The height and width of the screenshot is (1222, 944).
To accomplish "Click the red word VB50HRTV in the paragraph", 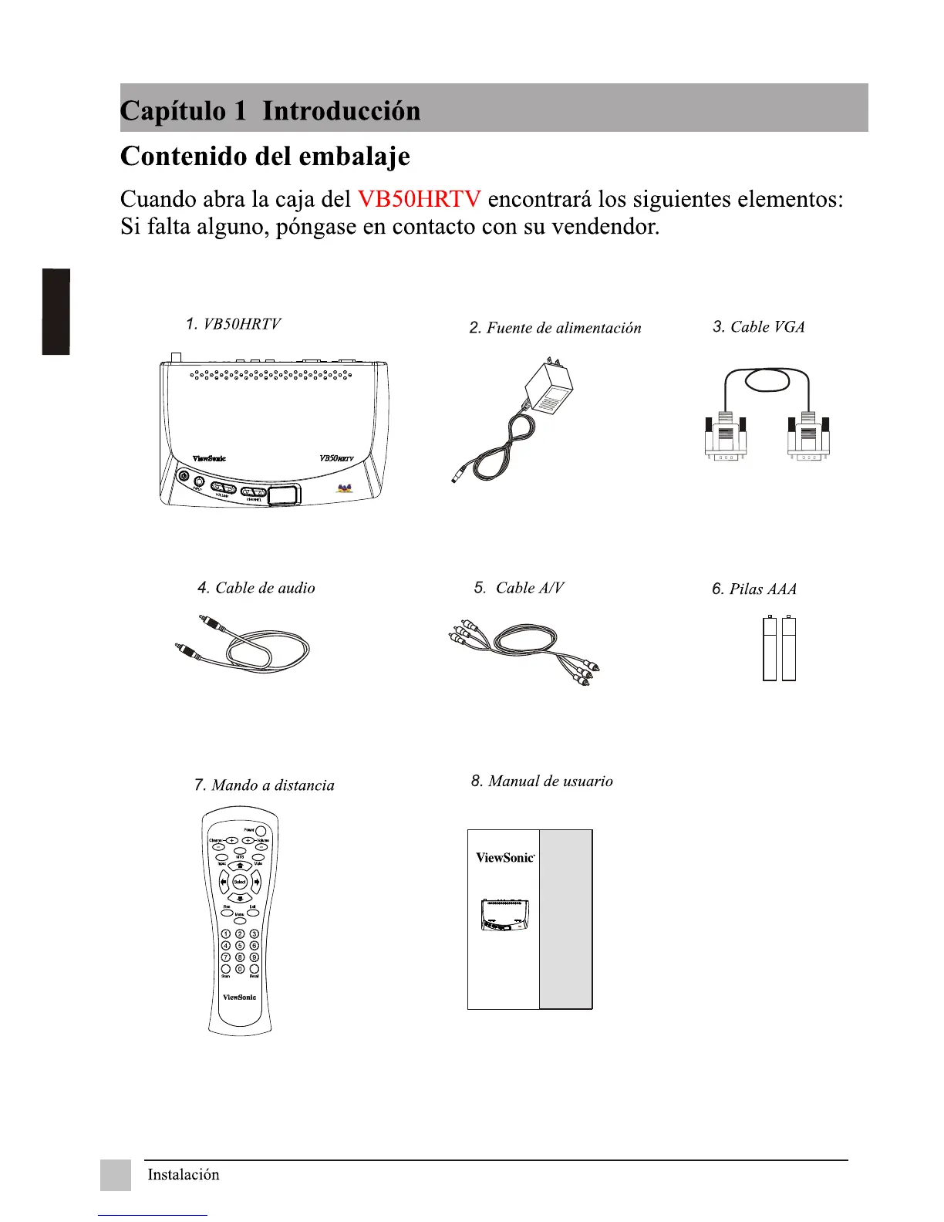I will coord(419,199).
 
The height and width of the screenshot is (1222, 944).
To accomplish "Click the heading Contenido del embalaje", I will coord(265,157).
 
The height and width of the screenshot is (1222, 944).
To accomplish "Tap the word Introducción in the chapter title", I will coord(342,110).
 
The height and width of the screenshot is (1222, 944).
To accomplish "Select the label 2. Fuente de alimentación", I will coord(555,328).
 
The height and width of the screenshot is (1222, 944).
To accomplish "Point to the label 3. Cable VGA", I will coord(759,327).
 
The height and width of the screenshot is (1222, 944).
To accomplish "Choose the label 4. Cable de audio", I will coord(256,588).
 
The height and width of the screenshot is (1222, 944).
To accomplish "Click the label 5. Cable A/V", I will coord(519,588).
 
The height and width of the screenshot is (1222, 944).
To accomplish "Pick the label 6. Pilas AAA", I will coord(754,589).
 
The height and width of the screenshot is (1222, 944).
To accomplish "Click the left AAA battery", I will coord(769,648).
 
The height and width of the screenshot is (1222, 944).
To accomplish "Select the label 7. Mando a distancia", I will coord(265,785).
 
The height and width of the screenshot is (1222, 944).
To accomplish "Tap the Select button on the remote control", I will coord(240,882).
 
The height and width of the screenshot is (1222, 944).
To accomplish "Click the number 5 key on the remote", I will coord(240,945).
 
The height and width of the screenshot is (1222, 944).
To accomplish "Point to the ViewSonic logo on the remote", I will coord(240,998).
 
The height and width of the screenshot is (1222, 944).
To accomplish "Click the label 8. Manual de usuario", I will coord(542,781).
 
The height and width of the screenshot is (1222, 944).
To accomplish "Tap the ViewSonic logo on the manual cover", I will coord(505,858).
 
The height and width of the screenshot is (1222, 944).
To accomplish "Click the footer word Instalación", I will coord(184,1175).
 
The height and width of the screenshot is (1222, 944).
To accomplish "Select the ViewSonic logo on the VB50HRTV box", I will coord(209,458).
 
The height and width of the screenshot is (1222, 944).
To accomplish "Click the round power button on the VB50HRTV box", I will coord(184,476).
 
